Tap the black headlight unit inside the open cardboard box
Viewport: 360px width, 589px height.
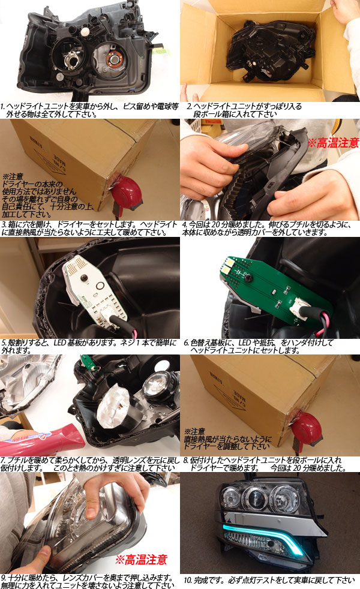tap(271, 50)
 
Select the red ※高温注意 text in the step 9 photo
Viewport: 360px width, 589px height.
tap(141, 560)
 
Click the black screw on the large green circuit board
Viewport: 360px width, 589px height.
tap(248, 278)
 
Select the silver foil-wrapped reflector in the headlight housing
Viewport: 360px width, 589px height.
tap(112, 408)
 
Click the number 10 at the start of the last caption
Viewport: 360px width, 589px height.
tap(187, 581)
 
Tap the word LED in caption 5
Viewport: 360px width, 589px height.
tap(60, 342)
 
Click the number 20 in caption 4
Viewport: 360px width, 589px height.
tap(215, 225)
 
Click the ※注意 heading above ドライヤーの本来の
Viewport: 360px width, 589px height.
tap(13, 176)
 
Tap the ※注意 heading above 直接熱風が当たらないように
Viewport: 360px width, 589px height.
tap(194, 431)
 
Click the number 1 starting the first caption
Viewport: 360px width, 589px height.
tap(2, 106)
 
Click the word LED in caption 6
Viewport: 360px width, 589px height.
tap(245, 342)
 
